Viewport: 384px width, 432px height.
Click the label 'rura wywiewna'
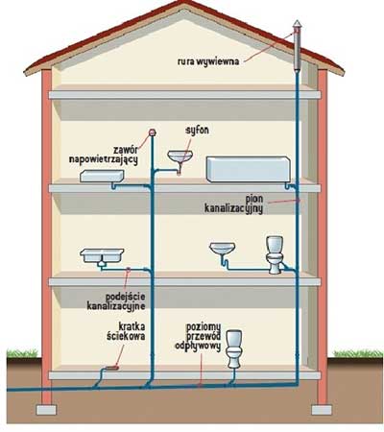pos(208,61)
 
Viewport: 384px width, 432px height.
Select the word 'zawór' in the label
pos(126,150)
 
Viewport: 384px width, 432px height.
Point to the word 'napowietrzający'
pos(104,159)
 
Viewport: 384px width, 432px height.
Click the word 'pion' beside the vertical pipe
pos(254,199)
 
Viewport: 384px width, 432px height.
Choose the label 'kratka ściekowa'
pos(126,331)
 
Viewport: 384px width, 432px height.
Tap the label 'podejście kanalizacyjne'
pos(116,301)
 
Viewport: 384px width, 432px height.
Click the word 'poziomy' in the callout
pos(204,327)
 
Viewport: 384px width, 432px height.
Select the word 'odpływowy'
pos(198,347)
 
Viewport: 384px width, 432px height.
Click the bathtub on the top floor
pos(249,169)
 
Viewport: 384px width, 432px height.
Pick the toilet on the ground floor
pos(234,348)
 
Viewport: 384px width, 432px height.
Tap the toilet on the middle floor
pos(275,254)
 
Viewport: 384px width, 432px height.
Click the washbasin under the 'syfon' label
pos(180,156)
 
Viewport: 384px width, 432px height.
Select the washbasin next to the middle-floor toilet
pos(223,249)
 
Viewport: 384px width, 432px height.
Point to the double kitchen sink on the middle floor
pos(102,256)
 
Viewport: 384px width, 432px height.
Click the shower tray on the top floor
pos(102,177)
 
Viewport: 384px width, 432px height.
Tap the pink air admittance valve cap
pos(153,132)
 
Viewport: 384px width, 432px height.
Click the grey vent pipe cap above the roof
pos(298,25)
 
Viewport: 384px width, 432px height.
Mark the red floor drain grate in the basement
pos(111,368)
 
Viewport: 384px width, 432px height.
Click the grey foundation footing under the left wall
pos(46,410)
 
